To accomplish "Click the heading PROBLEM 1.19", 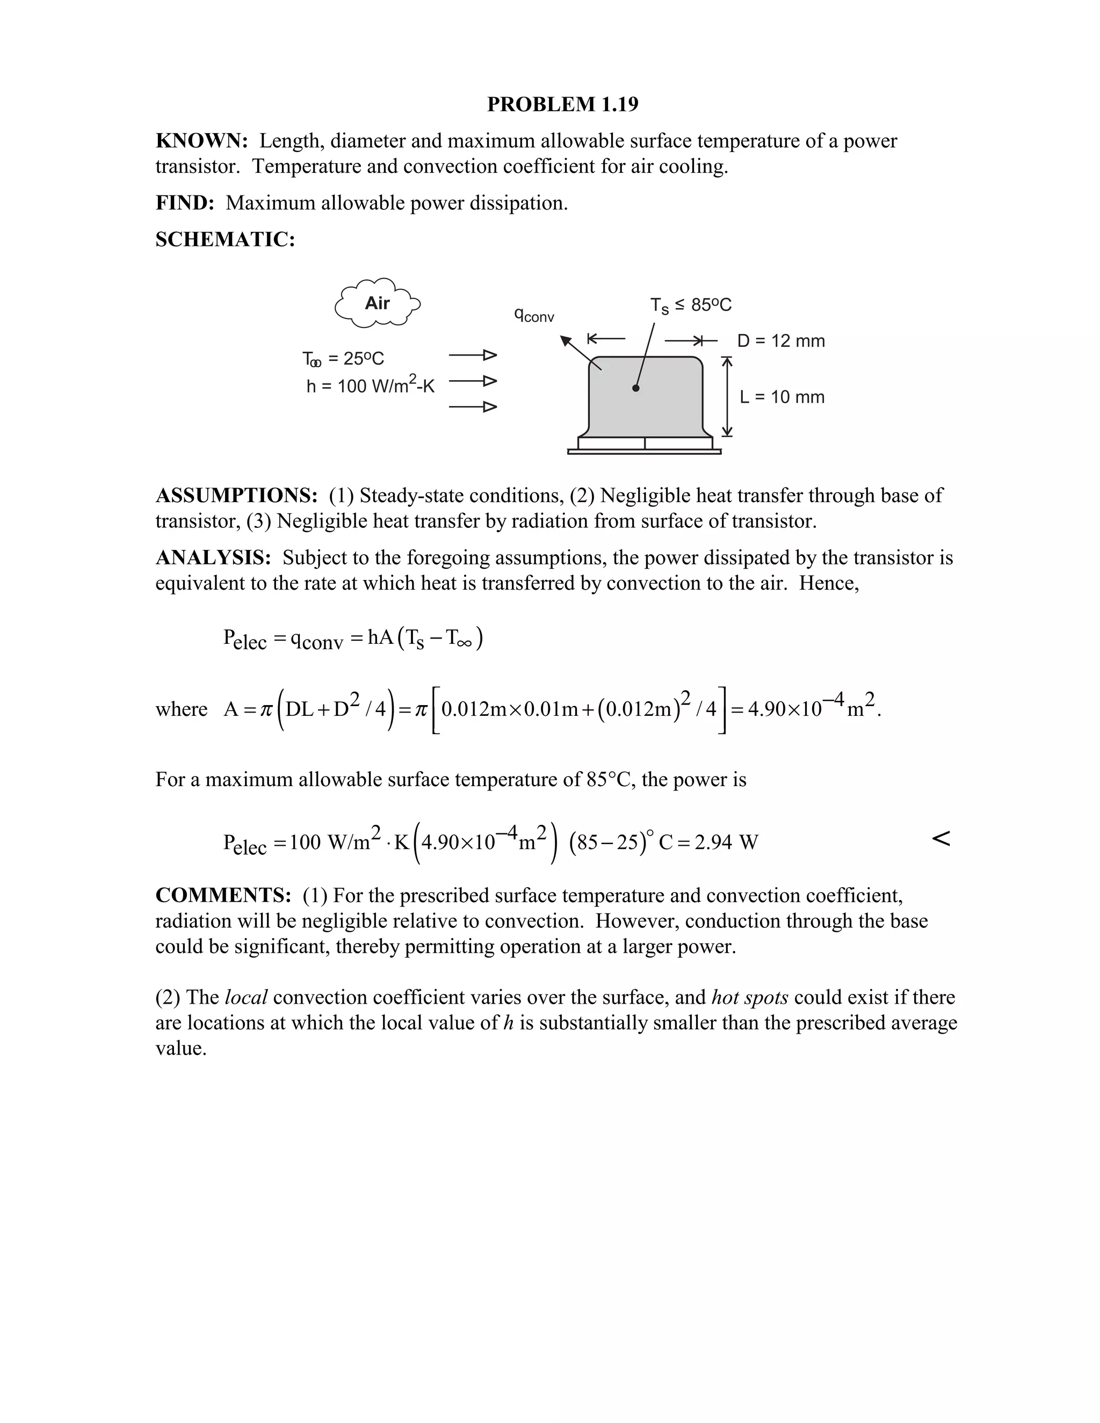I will (562, 104).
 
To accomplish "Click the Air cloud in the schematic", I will (377, 303).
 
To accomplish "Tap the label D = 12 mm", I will (780, 341).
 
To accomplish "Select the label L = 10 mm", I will (782, 397).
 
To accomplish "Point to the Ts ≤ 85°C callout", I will (691, 305).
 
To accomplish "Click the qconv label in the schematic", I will (534, 315).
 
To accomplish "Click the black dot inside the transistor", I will (636, 388).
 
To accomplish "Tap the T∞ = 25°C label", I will (343, 359).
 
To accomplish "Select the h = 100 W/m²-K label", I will (370, 387).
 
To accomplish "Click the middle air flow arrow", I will (473, 381).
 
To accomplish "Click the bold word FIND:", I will (185, 204).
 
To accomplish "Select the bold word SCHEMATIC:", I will (225, 240).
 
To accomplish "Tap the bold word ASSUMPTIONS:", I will (236, 496).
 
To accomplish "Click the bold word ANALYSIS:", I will (213, 558).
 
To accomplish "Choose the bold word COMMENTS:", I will (223, 896).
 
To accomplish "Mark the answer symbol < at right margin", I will (940, 839).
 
